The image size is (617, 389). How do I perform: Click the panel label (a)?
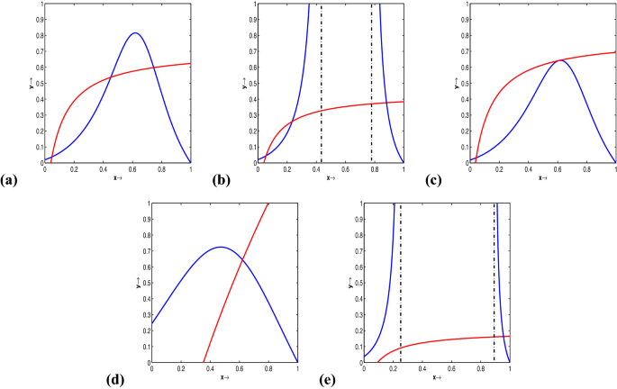[11, 181]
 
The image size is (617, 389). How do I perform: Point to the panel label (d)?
[114, 379]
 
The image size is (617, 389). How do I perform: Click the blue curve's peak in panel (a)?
[134, 33]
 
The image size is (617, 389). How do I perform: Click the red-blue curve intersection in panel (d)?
[241, 261]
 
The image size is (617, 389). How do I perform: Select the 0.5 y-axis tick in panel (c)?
[461, 83]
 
